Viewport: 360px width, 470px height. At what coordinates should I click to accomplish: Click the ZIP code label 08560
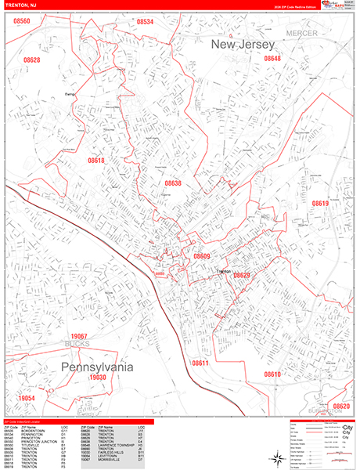[22, 21]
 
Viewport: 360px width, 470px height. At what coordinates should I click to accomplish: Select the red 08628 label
[31, 60]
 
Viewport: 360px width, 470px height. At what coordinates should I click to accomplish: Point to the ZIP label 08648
[272, 59]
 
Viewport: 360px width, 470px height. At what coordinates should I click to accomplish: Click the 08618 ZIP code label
[95, 161]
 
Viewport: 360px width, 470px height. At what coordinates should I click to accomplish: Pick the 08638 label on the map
[173, 183]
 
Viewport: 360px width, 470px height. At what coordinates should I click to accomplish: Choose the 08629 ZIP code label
[242, 275]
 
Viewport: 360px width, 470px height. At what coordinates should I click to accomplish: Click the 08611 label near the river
[200, 363]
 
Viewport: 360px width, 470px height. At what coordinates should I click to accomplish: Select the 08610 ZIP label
[272, 374]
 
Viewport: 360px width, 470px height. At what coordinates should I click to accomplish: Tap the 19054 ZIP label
[27, 398]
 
